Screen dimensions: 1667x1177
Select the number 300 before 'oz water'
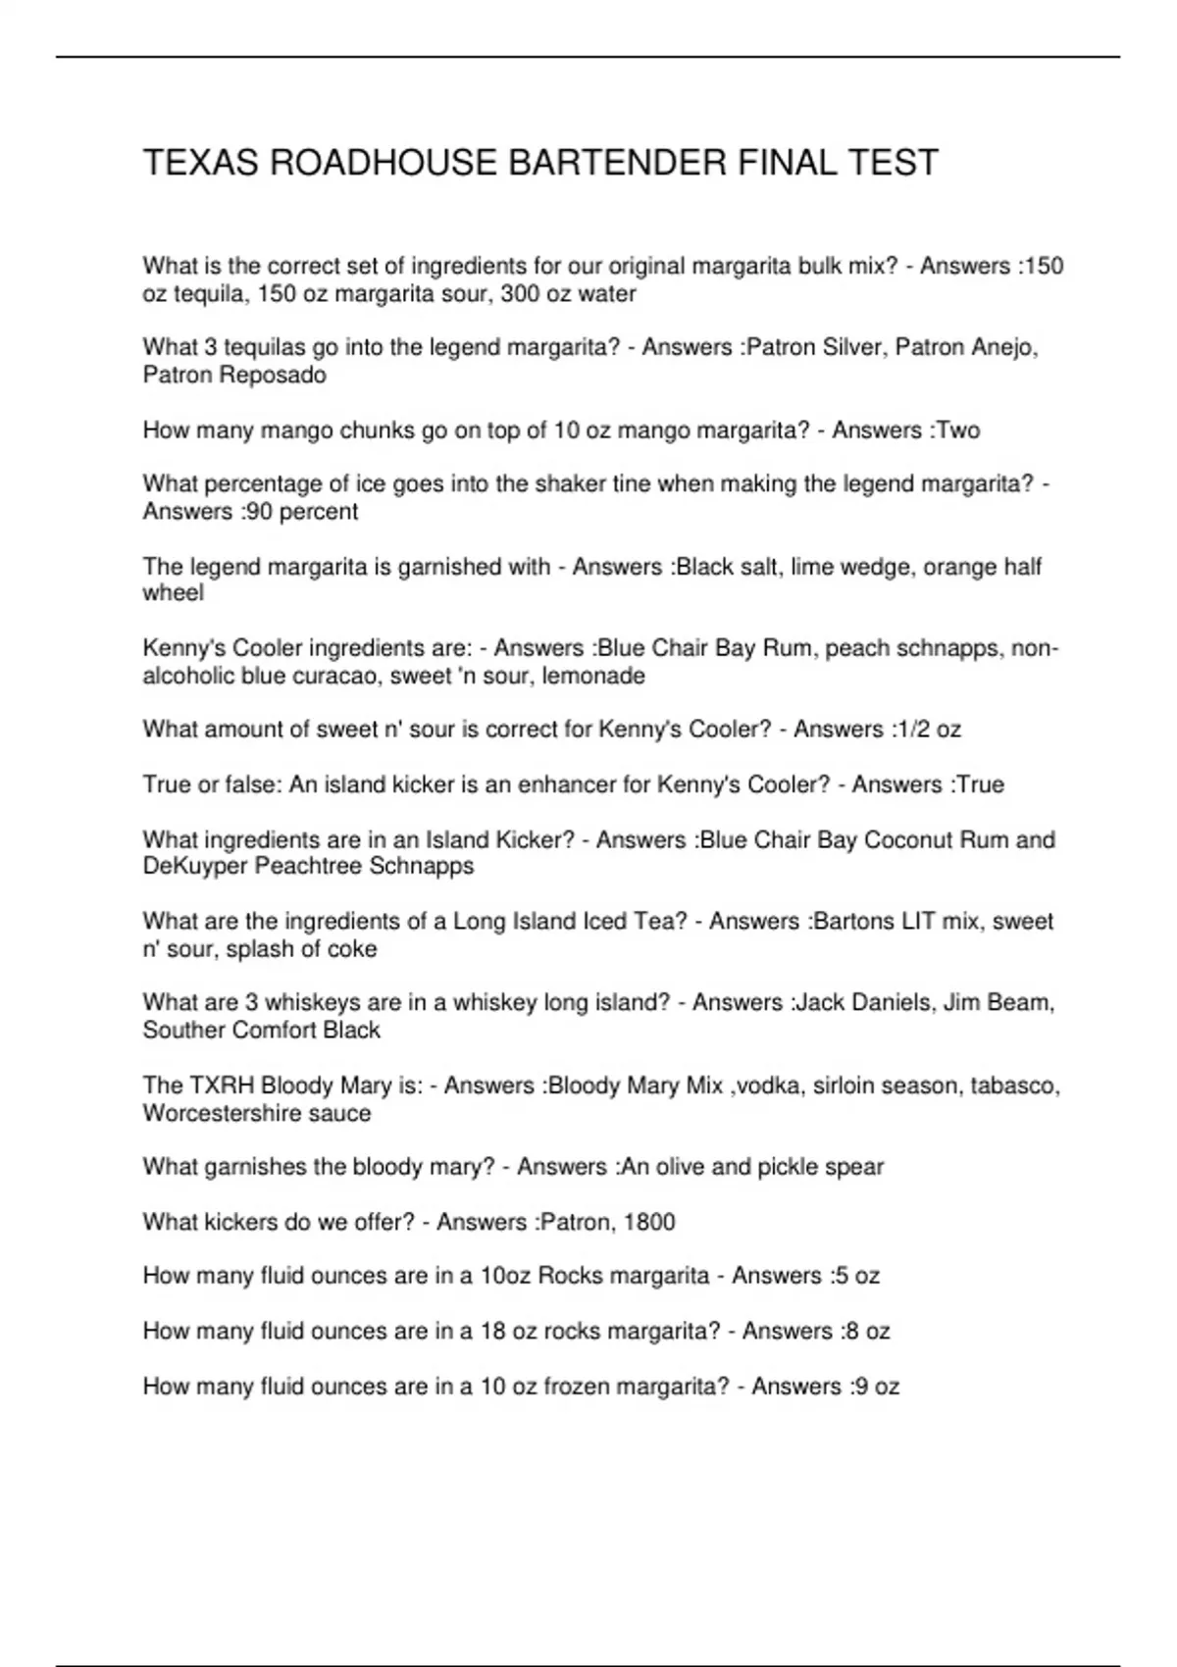pos(519,294)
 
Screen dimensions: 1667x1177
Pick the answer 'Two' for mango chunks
pos(958,430)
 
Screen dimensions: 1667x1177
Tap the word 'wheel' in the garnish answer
pos(173,593)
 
